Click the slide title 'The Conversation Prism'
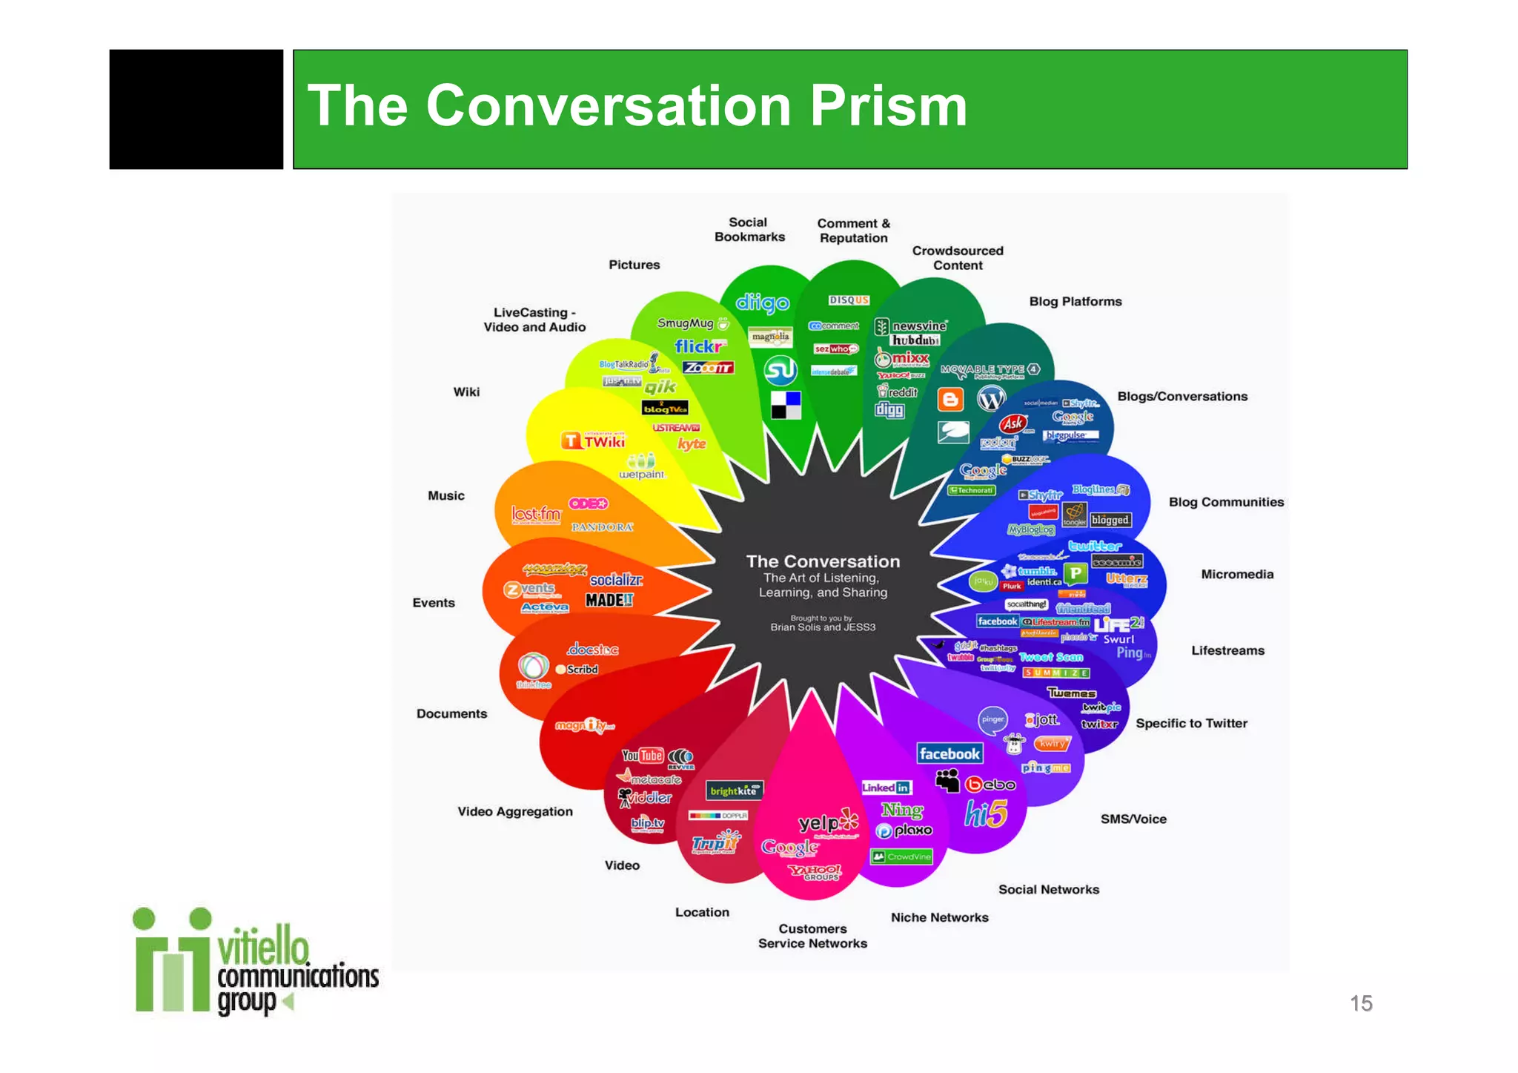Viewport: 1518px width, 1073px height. [x=637, y=106]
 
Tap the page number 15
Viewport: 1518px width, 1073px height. [x=1361, y=1003]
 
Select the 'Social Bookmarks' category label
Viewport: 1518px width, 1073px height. [x=749, y=230]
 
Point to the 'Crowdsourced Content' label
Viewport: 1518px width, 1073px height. [x=958, y=258]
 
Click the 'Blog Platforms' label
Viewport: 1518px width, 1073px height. [x=1075, y=302]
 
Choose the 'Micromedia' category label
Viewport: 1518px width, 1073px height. [x=1237, y=575]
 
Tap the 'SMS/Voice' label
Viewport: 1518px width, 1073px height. [x=1133, y=819]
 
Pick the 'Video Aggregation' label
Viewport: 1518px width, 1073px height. [x=515, y=812]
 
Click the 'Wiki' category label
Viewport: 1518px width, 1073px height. [x=466, y=392]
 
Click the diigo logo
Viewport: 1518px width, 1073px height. [x=762, y=303]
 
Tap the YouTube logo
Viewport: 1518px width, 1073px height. [x=643, y=756]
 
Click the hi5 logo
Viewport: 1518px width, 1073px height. [x=986, y=814]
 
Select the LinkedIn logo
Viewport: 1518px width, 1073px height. [x=886, y=788]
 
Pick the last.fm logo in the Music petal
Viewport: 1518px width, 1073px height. [x=536, y=514]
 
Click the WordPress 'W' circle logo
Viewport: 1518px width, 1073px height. [x=991, y=399]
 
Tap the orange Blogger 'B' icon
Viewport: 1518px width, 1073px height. [x=950, y=400]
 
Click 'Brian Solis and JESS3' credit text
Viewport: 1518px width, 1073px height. [x=823, y=627]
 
